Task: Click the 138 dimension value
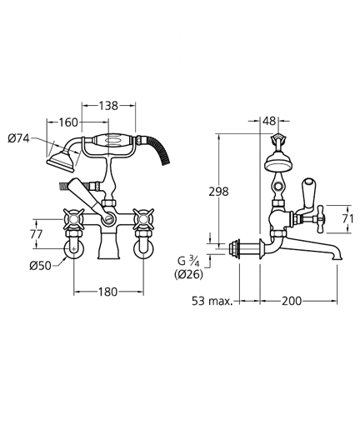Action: tap(108, 106)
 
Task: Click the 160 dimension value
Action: tap(68, 122)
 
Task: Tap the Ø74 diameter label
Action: tap(18, 138)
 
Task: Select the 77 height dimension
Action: tap(37, 234)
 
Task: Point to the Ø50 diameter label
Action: tap(41, 266)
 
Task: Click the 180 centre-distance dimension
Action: tap(108, 292)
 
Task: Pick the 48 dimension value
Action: tap(269, 121)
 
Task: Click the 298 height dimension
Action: tap(218, 192)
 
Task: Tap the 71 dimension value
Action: tap(347, 219)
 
